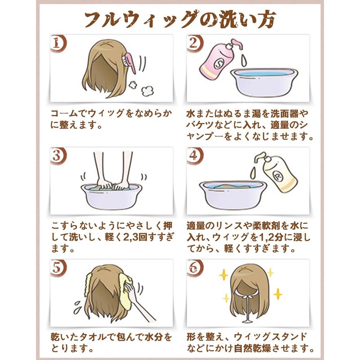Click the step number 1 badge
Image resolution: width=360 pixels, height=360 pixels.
coord(58,43)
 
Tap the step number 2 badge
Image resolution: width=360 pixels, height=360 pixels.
coord(195,43)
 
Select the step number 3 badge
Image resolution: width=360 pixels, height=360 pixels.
coord(58,156)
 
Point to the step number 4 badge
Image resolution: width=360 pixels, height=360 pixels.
coord(195,156)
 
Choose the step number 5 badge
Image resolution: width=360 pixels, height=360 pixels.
coord(58,268)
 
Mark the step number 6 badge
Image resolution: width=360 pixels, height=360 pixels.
coord(195,268)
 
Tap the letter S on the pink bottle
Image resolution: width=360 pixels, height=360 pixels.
coord(217,63)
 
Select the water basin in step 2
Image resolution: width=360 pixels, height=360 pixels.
coord(264,82)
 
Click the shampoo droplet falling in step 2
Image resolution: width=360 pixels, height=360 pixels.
coord(244,60)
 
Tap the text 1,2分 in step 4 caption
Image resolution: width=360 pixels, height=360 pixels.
coord(271,237)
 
